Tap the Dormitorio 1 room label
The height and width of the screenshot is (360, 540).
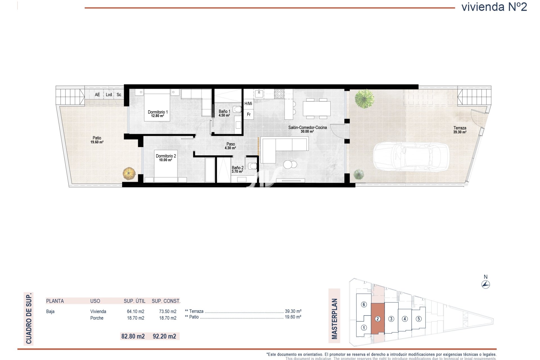click(x=157, y=112)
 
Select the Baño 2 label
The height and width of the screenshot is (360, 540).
click(x=238, y=168)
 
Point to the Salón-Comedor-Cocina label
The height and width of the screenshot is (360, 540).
click(x=307, y=127)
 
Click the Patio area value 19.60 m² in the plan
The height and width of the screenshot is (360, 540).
click(x=97, y=142)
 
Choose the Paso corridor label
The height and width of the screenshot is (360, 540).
click(x=231, y=144)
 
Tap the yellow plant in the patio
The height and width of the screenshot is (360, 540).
click(x=129, y=174)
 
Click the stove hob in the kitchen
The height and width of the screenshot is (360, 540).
click(x=279, y=94)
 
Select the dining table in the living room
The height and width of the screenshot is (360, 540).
click(x=316, y=109)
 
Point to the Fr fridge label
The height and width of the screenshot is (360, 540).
click(x=249, y=114)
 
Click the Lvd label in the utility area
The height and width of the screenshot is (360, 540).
click(x=109, y=95)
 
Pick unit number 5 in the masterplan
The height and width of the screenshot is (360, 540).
click(x=418, y=319)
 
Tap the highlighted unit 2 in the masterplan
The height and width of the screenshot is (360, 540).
click(x=378, y=319)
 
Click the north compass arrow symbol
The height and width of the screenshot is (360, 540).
click(x=486, y=284)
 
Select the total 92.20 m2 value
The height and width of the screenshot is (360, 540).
click(x=164, y=336)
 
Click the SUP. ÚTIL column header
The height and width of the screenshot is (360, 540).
click(x=134, y=301)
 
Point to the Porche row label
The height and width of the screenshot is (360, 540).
click(x=97, y=318)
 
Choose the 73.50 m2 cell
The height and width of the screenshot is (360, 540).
click(x=168, y=311)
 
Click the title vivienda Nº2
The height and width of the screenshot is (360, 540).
click(x=494, y=7)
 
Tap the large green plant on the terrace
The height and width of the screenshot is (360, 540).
click(x=364, y=99)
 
